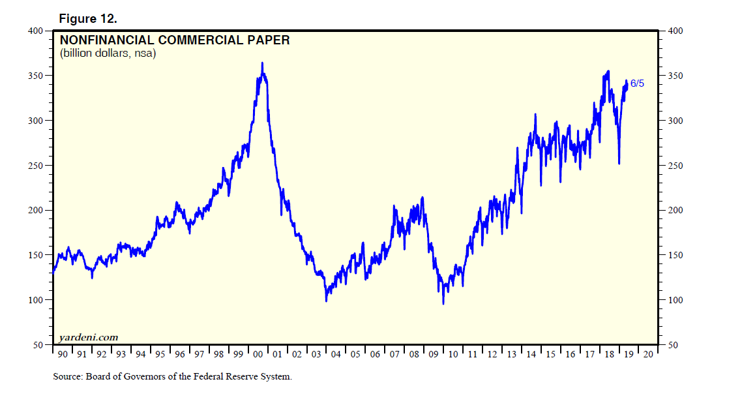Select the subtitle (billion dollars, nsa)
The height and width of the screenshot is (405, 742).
(108, 53)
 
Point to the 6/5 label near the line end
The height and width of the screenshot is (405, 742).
(637, 83)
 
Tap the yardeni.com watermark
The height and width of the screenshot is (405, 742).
(89, 337)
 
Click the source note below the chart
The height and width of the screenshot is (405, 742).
(172, 377)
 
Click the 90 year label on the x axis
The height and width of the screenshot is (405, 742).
(63, 355)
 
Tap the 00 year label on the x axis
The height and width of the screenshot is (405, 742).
(258, 355)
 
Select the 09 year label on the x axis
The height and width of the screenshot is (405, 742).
(434, 355)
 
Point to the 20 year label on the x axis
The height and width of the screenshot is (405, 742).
(648, 355)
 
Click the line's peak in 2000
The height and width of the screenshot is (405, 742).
(262, 63)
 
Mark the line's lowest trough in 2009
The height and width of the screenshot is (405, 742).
(443, 303)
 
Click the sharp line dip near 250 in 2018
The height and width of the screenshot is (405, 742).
(619, 163)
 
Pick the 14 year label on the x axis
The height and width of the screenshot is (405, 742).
(531, 355)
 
